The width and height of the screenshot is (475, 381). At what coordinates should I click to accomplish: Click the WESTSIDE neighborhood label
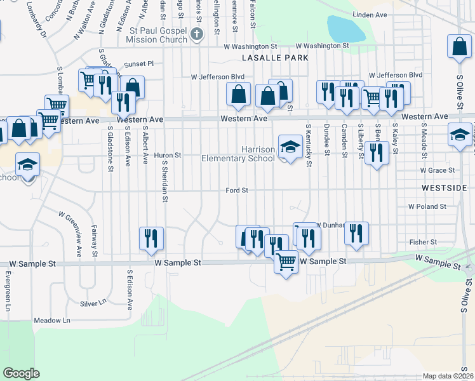pyautogui.click(x=444, y=188)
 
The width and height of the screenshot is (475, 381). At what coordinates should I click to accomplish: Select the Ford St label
pyautogui.click(x=236, y=190)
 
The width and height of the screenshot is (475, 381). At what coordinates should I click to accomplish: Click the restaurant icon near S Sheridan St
pyautogui.click(x=151, y=238)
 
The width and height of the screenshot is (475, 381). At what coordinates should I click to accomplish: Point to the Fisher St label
pyautogui.click(x=423, y=242)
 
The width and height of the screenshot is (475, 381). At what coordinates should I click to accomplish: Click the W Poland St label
pyautogui.click(x=427, y=206)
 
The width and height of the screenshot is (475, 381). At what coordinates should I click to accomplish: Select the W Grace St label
pyautogui.click(x=438, y=170)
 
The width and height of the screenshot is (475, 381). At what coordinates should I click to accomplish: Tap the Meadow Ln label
pyautogui.click(x=51, y=320)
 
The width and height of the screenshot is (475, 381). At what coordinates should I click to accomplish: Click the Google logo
pyautogui.click(x=21, y=373)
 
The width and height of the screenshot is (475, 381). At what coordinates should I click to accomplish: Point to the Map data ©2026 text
pyautogui.click(x=448, y=376)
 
